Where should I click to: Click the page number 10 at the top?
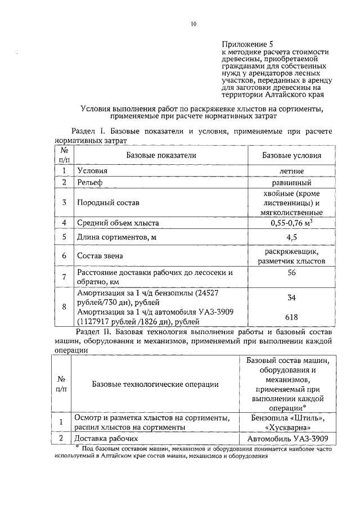pos(193,24)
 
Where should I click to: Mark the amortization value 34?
pos(291,297)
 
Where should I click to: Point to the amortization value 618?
pos(291,317)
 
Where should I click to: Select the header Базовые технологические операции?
pos(155,385)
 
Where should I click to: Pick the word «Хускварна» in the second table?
pos(291,427)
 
